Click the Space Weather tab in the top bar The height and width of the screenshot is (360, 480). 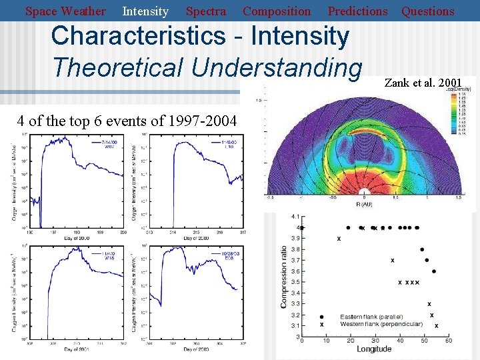65,11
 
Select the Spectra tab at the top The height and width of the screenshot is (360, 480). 205,11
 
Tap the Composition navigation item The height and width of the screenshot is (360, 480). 276,11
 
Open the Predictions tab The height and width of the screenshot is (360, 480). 357,11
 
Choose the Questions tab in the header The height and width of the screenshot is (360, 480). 427,11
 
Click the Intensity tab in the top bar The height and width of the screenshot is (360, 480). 145,11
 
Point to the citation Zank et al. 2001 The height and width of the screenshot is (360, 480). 423,83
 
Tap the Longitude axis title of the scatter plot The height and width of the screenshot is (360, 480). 374,349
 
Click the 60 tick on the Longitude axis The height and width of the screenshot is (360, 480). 449,341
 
